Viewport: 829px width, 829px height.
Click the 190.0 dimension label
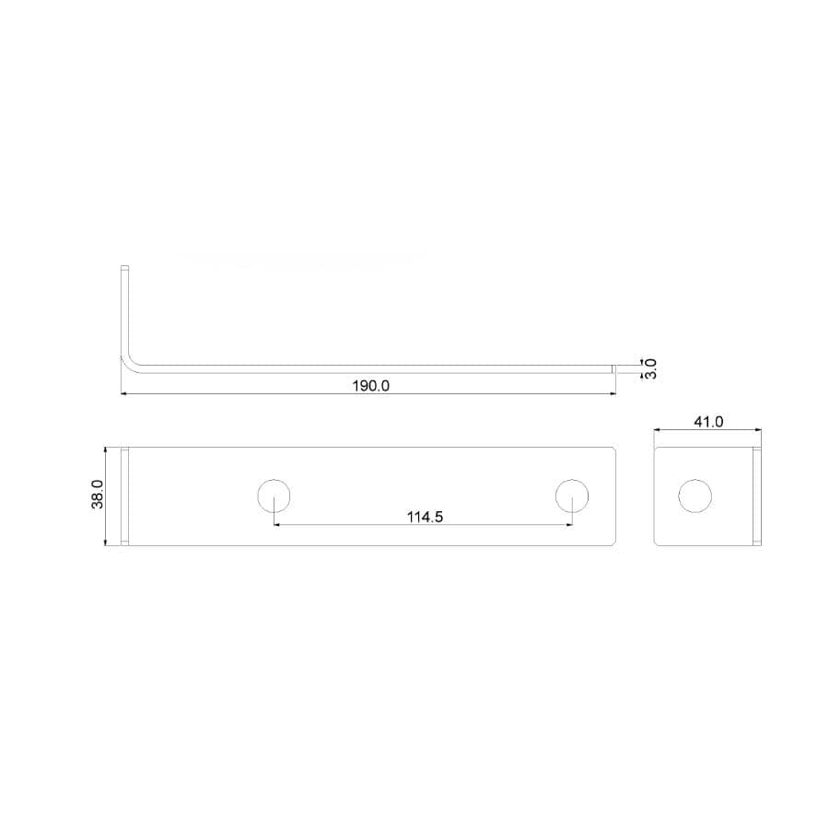(371, 386)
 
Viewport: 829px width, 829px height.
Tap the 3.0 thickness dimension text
(650, 368)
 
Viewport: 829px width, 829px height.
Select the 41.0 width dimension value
(708, 422)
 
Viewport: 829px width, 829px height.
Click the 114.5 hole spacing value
(426, 517)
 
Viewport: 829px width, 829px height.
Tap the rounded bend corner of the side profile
(129, 362)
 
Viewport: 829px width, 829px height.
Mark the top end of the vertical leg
(124, 268)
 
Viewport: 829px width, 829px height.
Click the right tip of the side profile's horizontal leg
(613, 368)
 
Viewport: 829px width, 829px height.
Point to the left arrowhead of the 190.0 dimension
(124, 394)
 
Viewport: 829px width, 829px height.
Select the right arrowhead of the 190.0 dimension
(612, 394)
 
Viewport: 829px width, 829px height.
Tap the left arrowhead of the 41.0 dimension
(658, 429)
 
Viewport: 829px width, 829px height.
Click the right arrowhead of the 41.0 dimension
(758, 429)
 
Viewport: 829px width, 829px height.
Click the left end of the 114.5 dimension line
(275, 525)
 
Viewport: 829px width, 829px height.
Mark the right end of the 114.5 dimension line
(572, 525)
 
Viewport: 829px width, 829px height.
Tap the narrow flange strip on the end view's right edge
(757, 496)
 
